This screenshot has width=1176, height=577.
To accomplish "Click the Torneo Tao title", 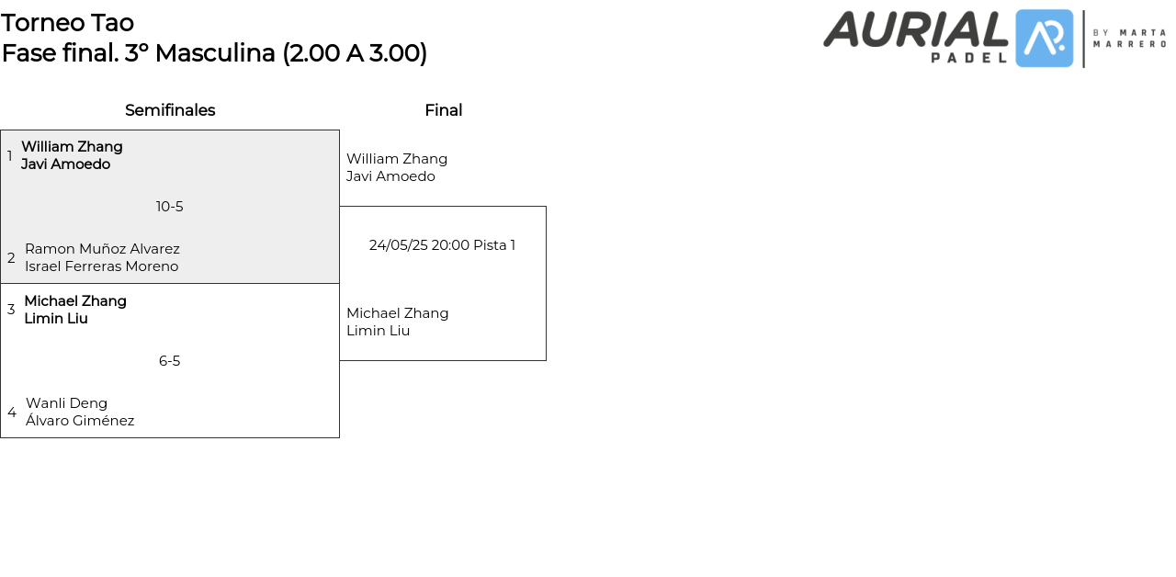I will (68, 23).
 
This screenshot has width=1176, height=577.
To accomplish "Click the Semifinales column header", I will (170, 110).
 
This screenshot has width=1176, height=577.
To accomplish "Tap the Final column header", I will (443, 110).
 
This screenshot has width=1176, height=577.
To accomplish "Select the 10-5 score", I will (170, 207).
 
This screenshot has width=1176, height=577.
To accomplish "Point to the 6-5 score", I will (170, 361).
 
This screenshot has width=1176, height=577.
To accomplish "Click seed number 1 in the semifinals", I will (10, 156).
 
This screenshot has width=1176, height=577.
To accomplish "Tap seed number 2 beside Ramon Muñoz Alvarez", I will (11, 258).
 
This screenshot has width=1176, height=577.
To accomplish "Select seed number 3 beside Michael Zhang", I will (11, 310).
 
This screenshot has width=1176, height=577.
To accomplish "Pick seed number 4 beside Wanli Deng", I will (12, 413).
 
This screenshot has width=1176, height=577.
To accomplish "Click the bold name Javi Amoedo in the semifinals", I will (66, 164).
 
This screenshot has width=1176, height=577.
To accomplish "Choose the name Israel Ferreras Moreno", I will (102, 266).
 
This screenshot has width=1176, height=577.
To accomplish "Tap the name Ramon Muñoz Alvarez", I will (102, 249).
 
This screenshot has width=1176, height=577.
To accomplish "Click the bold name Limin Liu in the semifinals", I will (56, 319).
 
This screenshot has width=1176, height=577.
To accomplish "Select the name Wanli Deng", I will (67, 403).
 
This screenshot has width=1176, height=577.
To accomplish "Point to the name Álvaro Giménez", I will (80, 421).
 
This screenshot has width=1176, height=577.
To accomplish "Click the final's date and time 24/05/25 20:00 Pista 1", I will (442, 245).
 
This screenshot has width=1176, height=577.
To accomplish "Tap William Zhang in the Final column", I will (397, 159).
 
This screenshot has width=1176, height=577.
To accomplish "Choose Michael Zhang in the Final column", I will (398, 313).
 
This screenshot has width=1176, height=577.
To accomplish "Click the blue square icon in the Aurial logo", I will (1045, 39).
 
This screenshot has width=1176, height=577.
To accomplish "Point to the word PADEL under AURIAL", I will (969, 57).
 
